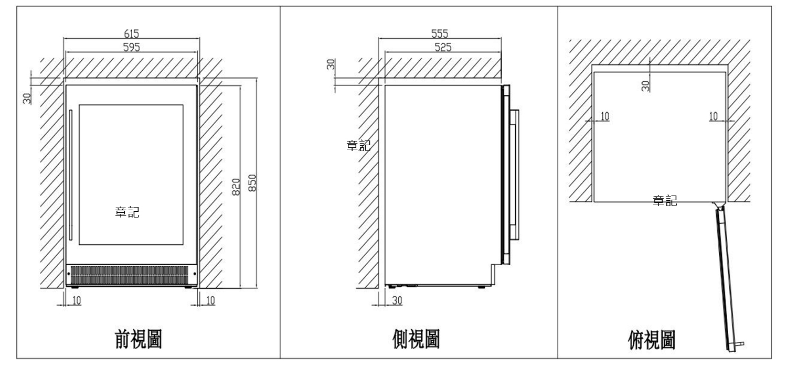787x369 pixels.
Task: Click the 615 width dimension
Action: coord(131,34)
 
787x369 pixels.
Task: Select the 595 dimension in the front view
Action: coord(131,47)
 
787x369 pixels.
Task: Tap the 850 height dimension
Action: coord(252,183)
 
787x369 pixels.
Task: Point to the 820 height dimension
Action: coord(236,187)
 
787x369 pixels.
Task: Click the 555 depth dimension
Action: coord(440,34)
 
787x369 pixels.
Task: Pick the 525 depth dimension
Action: coord(443,47)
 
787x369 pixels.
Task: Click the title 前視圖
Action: coord(139,339)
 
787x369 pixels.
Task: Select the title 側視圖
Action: coord(416,339)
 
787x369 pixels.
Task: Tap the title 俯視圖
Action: coord(652,340)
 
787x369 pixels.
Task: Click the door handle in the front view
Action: coord(71,175)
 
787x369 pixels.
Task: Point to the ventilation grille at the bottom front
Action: coord(130,275)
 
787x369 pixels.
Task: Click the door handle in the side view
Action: coord(515,175)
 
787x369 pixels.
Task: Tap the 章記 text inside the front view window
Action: coord(127,212)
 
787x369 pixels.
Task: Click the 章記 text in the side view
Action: coord(358,145)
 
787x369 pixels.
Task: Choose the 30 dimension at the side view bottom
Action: coord(397,300)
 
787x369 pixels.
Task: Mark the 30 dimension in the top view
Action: coord(645,86)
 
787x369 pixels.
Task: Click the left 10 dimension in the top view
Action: coord(604,116)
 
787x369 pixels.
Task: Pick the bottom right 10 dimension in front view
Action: coord(210,300)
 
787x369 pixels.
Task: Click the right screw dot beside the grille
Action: coord(195,274)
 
